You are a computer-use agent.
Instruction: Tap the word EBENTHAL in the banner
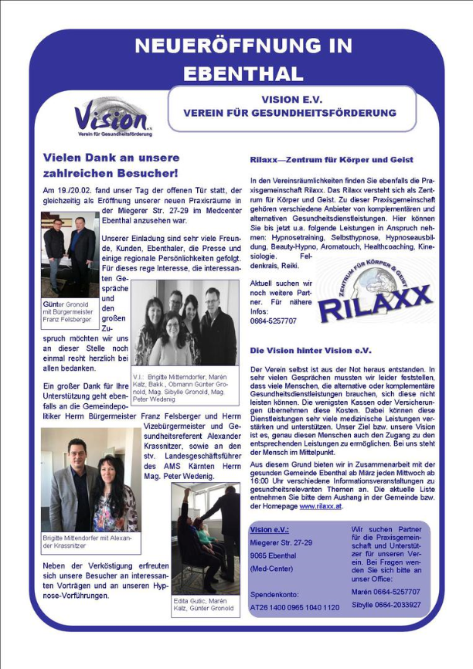pyautogui.click(x=243, y=73)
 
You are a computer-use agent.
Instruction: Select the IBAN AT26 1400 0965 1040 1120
pyautogui.click(x=295, y=608)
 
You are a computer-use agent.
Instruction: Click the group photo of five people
pyautogui.click(x=185, y=322)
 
